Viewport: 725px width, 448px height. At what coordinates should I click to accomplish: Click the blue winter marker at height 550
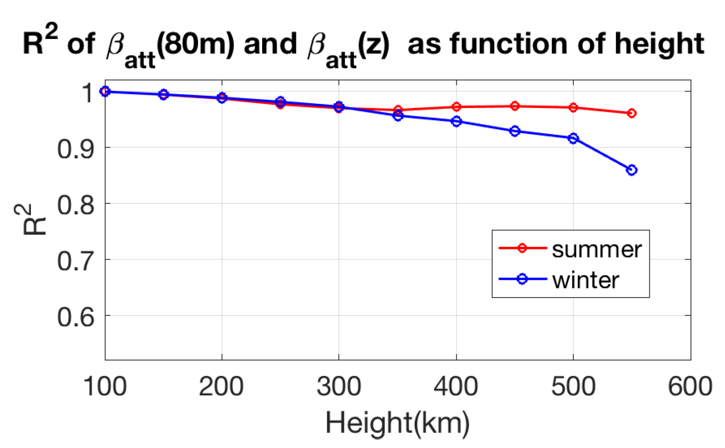click(632, 170)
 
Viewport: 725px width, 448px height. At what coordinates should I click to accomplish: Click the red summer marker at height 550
click(632, 113)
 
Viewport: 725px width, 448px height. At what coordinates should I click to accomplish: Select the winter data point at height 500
click(573, 138)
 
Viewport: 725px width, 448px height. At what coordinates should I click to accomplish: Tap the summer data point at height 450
click(515, 106)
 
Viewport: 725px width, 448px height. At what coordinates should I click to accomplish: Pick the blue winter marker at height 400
click(456, 121)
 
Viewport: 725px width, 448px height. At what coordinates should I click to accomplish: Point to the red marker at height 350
click(398, 110)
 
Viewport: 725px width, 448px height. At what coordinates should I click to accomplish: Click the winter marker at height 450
click(515, 131)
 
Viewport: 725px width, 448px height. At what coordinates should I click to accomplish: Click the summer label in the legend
click(596, 249)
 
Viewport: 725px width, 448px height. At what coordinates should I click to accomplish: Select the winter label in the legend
click(585, 280)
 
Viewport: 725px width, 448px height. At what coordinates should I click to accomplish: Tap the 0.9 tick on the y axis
click(76, 149)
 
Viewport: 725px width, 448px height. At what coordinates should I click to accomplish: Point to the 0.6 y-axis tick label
click(76, 317)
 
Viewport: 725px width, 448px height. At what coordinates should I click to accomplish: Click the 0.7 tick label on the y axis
click(76, 261)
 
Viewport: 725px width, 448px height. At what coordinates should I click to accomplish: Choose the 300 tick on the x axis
click(339, 386)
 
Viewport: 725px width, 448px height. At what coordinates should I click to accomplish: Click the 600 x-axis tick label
click(690, 386)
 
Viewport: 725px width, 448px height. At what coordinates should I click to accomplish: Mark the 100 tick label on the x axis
click(105, 386)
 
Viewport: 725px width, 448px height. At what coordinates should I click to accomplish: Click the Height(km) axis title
click(397, 423)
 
